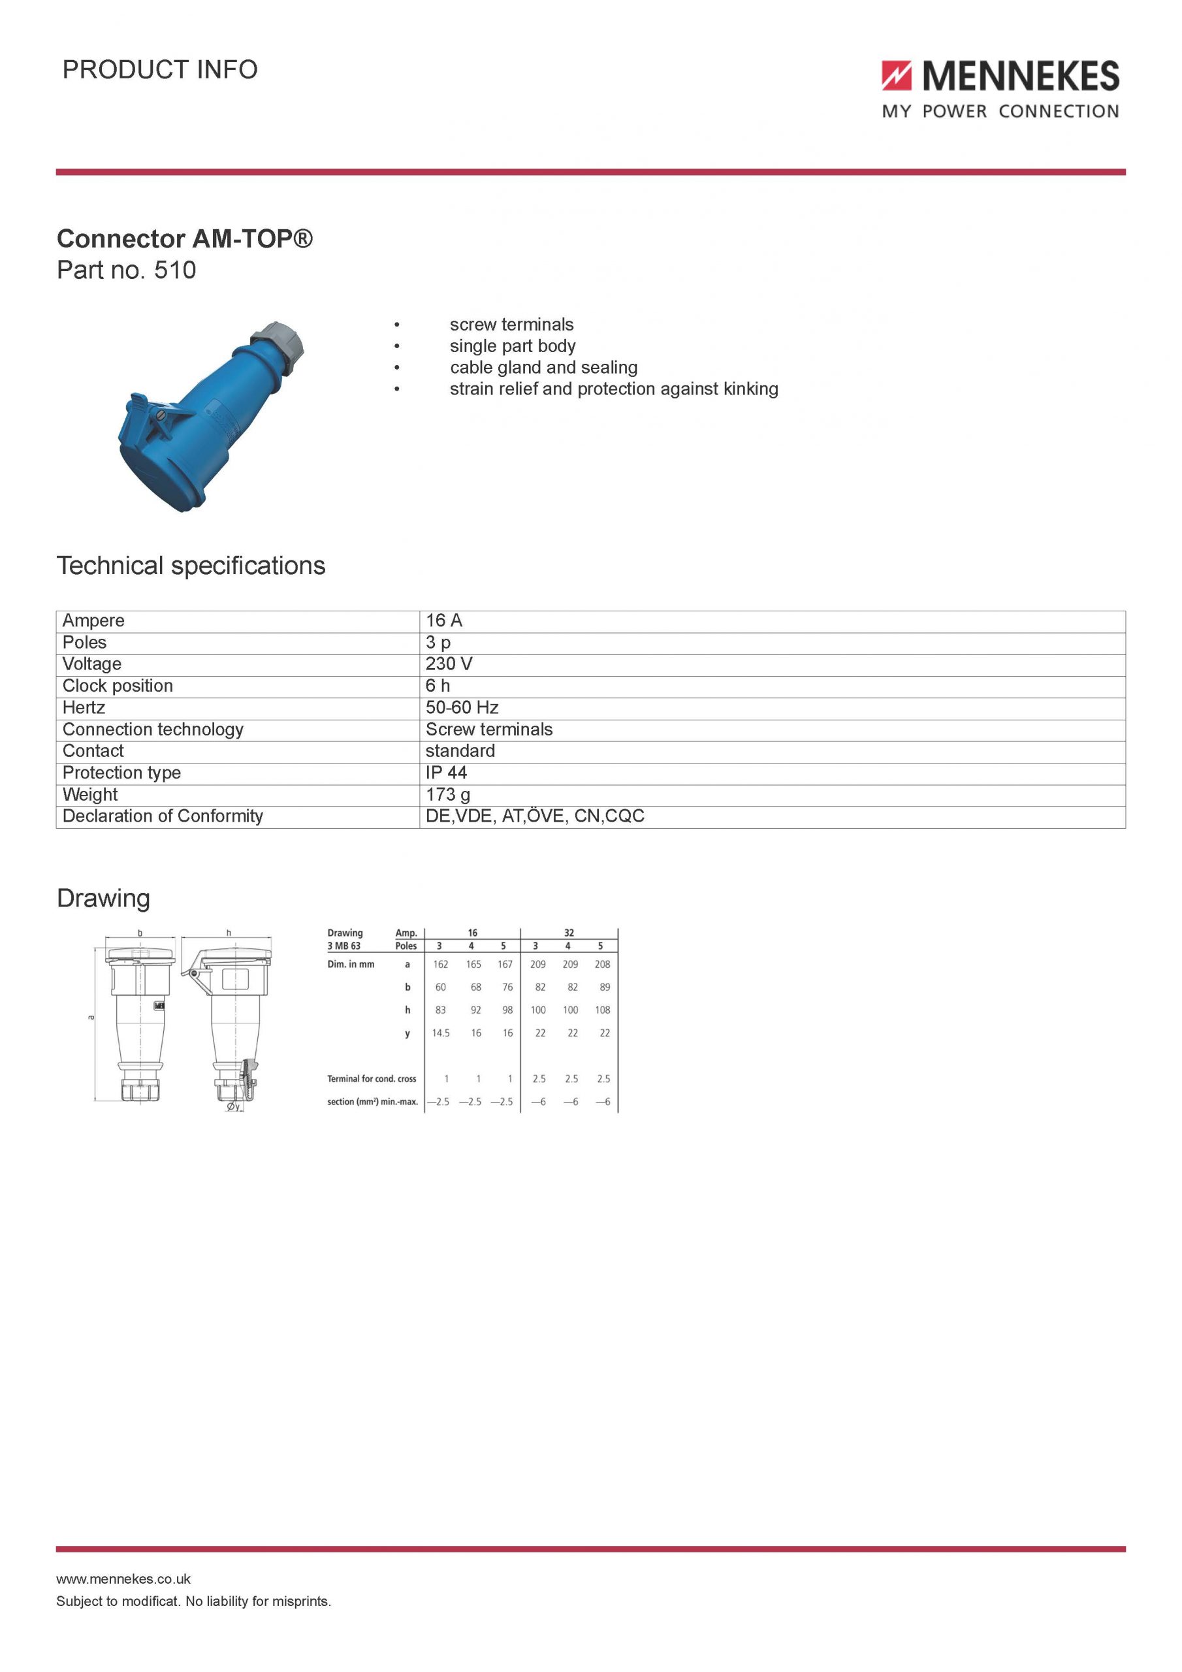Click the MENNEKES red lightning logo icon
pos(897,76)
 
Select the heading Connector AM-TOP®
pos(184,239)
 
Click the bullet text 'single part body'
pos(512,346)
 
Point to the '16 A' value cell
pos(443,620)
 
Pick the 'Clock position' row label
pos(118,686)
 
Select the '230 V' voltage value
pos(449,664)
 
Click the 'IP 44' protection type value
pos(446,773)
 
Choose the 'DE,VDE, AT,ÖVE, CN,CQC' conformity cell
pos(535,816)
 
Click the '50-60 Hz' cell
pos(462,708)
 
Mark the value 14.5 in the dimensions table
pos(441,1033)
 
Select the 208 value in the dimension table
pos(602,964)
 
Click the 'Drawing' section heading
pos(103,898)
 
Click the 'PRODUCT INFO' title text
pos(160,70)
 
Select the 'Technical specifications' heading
pos(191,566)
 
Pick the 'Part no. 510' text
pos(126,270)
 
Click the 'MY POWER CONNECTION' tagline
pos(1000,112)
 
